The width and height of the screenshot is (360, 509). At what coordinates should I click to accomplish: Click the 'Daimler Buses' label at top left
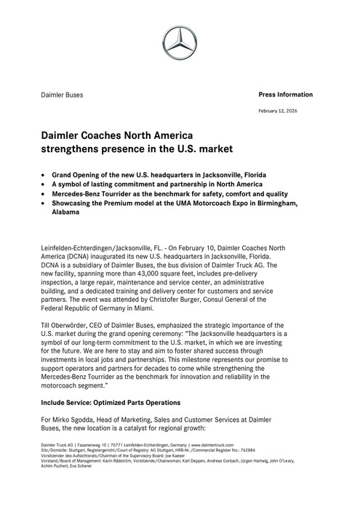click(x=61, y=95)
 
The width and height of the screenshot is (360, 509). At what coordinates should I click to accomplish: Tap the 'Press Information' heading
click(x=285, y=95)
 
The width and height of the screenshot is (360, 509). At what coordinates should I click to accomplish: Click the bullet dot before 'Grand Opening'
click(x=45, y=176)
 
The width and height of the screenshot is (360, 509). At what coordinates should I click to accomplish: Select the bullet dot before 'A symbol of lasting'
click(x=45, y=185)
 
